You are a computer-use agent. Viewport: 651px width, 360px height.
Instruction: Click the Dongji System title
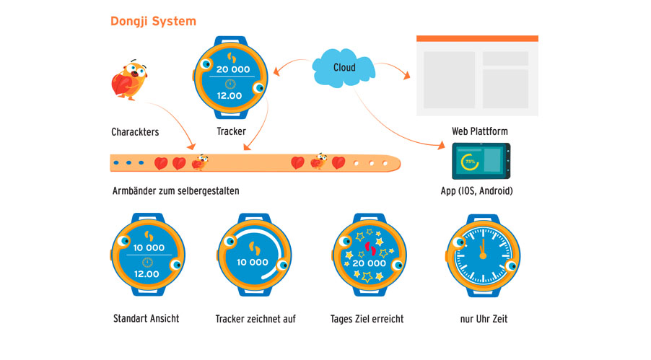tap(153, 22)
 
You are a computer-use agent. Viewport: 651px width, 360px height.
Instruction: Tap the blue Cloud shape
tap(344, 68)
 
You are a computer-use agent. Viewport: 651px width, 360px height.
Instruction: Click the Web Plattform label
tap(480, 131)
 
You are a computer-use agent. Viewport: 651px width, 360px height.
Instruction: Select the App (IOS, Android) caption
tap(477, 192)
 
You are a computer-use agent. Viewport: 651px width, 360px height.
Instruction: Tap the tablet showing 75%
tap(481, 161)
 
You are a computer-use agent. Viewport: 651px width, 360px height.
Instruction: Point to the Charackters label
tap(135, 132)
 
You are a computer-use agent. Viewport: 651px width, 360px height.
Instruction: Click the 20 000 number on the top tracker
tap(232, 70)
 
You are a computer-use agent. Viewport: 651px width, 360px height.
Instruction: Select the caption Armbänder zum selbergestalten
tap(175, 191)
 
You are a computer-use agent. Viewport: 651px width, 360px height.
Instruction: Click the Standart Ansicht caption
tap(146, 318)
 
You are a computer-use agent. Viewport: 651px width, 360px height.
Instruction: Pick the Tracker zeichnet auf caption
tap(255, 318)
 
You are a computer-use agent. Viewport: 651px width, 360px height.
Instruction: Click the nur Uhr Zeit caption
tap(483, 318)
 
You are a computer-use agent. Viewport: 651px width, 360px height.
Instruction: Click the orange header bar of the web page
tap(477, 38)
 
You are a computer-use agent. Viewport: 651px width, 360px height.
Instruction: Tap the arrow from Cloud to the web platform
tap(393, 69)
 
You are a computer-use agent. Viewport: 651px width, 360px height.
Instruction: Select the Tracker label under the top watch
tap(231, 131)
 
